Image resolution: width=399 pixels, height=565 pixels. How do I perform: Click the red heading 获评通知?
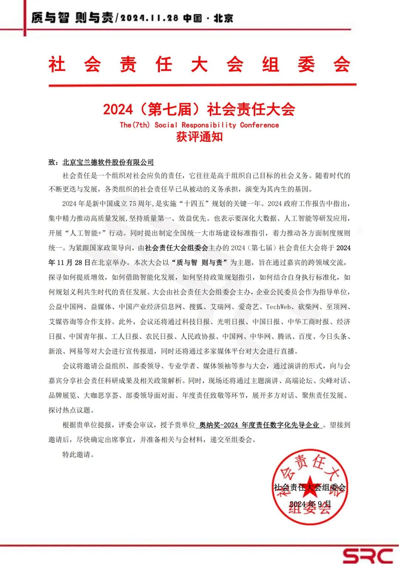pyautogui.click(x=199, y=137)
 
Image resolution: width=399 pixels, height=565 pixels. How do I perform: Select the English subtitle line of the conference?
pyautogui.click(x=199, y=125)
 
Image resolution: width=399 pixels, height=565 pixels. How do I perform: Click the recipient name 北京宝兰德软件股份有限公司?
pyautogui.click(x=108, y=162)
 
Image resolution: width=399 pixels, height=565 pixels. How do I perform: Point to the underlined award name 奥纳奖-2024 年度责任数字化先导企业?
pyautogui.click(x=259, y=425)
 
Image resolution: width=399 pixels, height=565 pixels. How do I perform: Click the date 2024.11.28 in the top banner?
pyautogui.click(x=149, y=18)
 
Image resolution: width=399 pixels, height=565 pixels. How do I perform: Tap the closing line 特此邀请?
pyautogui.click(x=78, y=455)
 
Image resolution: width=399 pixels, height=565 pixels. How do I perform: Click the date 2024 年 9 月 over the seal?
pyautogui.click(x=310, y=504)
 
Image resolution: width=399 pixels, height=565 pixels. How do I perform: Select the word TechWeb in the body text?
pyautogui.click(x=279, y=307)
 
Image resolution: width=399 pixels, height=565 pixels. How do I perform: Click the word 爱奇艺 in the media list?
pyautogui.click(x=248, y=307)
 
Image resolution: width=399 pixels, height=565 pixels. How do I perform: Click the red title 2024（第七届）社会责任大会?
pyautogui.click(x=199, y=109)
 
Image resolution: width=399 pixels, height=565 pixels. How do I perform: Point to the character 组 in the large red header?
pyautogui.click(x=270, y=64)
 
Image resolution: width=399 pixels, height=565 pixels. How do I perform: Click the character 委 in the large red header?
pyautogui.click(x=306, y=64)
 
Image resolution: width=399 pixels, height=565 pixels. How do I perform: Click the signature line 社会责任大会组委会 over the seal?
pyautogui.click(x=310, y=487)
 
